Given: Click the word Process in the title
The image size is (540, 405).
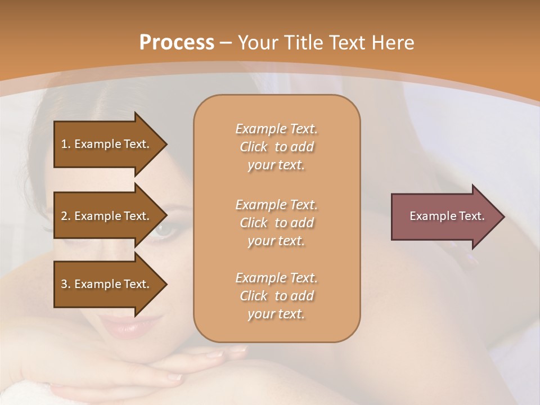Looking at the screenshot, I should [177, 43].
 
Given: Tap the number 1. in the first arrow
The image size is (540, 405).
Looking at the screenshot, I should [66, 144].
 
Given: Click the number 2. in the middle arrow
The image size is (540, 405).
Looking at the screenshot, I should [66, 216].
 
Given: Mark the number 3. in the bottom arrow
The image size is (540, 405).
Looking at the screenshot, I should [66, 284].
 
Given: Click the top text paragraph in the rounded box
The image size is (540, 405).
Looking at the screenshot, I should [276, 147].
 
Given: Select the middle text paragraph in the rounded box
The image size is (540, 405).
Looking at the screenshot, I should [276, 223].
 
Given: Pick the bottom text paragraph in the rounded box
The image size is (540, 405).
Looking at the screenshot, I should [276, 296].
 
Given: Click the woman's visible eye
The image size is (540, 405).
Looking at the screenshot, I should [165, 229].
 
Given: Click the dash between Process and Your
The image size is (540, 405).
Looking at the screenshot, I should [226, 43].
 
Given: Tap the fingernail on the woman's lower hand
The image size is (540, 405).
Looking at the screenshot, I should [175, 376].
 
